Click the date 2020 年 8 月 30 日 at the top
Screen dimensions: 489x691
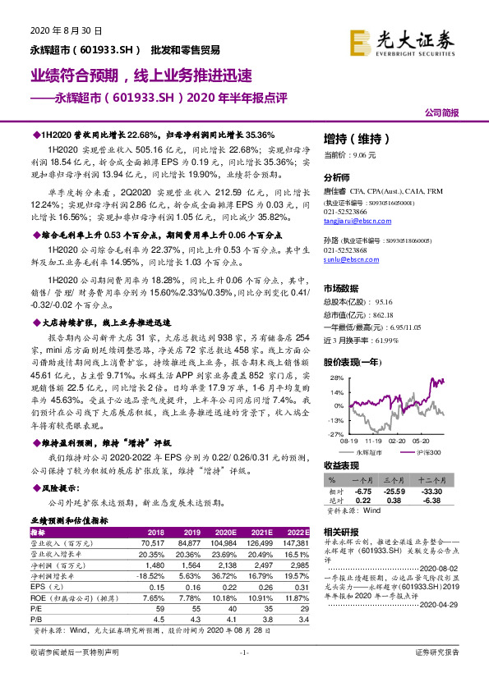click(x=53, y=30)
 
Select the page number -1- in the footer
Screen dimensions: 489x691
click(x=243, y=675)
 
